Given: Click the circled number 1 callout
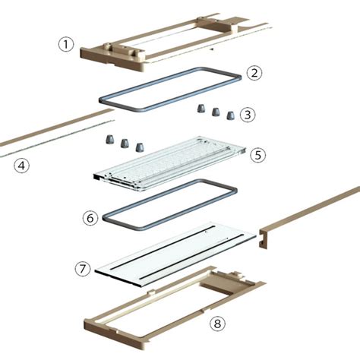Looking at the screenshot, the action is coord(66,45).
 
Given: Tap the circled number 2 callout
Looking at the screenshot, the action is coord(254,73).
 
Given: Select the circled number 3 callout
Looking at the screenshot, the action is coord(248,115).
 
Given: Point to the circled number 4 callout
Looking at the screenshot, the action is coord(21,166).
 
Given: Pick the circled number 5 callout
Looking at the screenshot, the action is coord(258,155).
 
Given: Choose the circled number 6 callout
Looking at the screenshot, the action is coord(90,218).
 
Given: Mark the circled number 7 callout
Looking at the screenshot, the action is coord(83,269).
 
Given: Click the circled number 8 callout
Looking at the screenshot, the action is coord(217,324).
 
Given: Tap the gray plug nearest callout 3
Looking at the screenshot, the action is coord(230,115).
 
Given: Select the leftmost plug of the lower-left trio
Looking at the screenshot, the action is coord(110,139).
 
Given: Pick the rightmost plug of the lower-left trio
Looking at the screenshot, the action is coord(139,147).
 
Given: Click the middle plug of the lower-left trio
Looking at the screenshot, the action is coord(125,143).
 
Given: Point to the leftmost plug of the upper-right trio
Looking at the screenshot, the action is coord(201,109).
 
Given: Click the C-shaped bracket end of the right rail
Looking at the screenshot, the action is coord(264,238).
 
